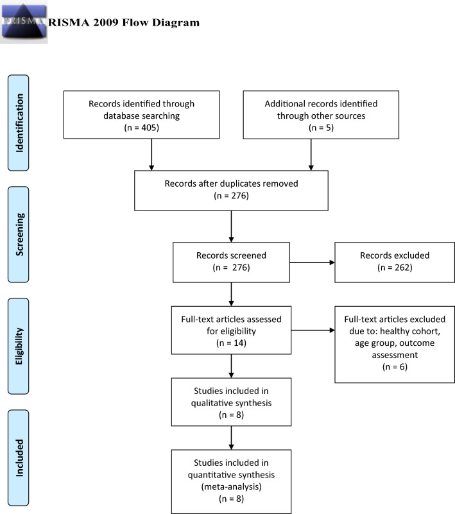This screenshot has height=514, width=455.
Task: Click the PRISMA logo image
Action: tap(24, 22)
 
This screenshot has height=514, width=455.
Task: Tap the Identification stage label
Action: tap(19, 123)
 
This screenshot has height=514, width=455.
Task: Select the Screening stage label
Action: tap(19, 234)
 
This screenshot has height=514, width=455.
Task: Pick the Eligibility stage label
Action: tap(19, 346)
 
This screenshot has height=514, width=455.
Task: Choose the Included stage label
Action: tap(19, 458)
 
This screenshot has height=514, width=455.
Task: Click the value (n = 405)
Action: tap(142, 128)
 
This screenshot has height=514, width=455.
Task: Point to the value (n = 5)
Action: tap(322, 128)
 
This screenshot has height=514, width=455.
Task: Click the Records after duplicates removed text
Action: tap(232, 184)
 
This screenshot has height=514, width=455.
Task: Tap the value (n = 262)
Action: tap(395, 268)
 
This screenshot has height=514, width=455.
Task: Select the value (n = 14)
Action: tap(232, 343)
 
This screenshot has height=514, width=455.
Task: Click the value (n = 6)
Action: tap(395, 367)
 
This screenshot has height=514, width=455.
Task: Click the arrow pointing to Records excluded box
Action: tap(312, 262)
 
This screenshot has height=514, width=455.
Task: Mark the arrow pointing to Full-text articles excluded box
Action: tap(313, 330)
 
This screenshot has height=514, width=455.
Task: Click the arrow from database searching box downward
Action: tap(151, 155)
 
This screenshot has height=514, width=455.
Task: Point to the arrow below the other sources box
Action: tap(311, 155)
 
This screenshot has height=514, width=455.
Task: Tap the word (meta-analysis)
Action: tap(232, 486)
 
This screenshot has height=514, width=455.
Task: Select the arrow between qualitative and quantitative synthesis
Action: tap(232, 438)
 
